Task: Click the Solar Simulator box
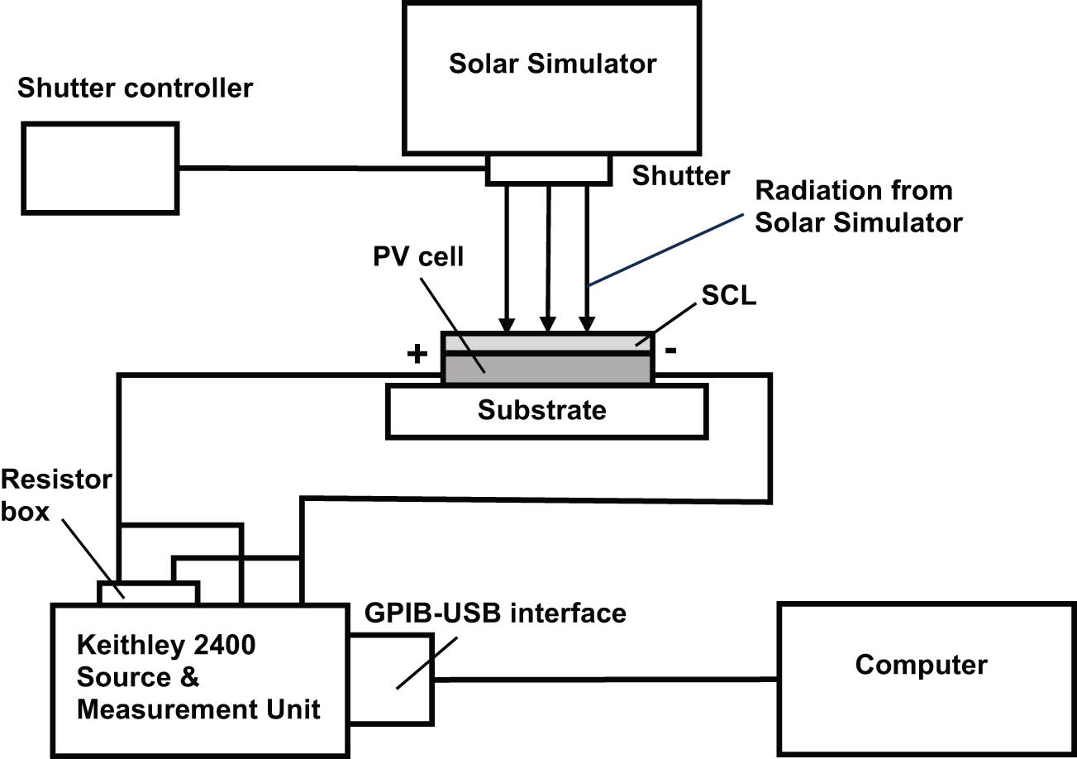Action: (x=552, y=91)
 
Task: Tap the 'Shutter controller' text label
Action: (x=135, y=87)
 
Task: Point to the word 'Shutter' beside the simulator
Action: (x=681, y=176)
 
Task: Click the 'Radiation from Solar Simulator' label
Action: (x=859, y=206)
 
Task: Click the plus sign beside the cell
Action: (x=417, y=355)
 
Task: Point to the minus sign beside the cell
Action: (x=671, y=351)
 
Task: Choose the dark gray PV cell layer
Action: (x=562, y=370)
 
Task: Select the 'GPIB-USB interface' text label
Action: (x=495, y=613)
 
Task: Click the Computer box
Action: (x=921, y=666)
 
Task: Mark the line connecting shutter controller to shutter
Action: (x=331, y=168)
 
